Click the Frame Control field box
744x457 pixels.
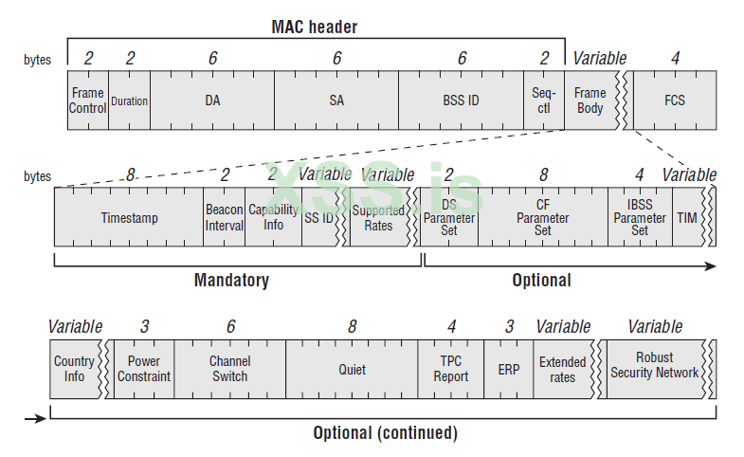click(x=88, y=100)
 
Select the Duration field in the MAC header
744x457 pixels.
click(x=129, y=100)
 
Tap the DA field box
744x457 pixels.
click(x=212, y=100)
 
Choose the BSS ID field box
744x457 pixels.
click(x=461, y=100)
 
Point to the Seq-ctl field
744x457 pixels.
click(x=543, y=100)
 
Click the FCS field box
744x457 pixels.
click(x=674, y=100)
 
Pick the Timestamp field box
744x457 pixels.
click(x=129, y=217)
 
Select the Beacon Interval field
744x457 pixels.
click(x=224, y=217)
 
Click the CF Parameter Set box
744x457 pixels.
click(x=542, y=217)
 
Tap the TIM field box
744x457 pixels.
click(x=685, y=217)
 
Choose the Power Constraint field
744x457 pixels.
click(x=144, y=369)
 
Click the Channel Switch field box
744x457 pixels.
click(x=230, y=369)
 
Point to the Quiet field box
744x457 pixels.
click(x=352, y=369)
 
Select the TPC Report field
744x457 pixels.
click(x=451, y=369)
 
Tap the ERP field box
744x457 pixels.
click(x=509, y=369)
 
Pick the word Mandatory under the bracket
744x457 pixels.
click(x=231, y=280)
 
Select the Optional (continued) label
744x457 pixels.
click(x=385, y=432)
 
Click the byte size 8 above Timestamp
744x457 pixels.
click(x=131, y=174)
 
